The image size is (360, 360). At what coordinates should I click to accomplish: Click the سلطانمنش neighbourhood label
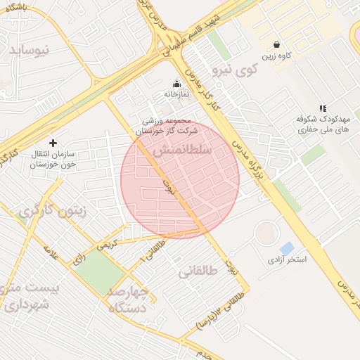tap(181, 151)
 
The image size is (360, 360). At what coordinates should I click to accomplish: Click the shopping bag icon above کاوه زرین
tap(276, 44)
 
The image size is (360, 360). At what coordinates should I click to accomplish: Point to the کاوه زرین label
tap(277, 55)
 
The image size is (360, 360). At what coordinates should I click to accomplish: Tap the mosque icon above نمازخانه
tap(176, 84)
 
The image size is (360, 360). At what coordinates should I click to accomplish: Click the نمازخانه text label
tap(176, 94)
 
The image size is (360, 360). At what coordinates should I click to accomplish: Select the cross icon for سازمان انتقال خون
tap(53, 143)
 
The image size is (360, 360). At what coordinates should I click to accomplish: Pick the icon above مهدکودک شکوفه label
tap(323, 108)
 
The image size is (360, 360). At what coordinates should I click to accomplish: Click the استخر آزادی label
tap(287, 260)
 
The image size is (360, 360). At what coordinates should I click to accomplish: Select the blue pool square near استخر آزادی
tap(286, 248)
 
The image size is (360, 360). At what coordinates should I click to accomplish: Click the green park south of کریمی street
tap(98, 272)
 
